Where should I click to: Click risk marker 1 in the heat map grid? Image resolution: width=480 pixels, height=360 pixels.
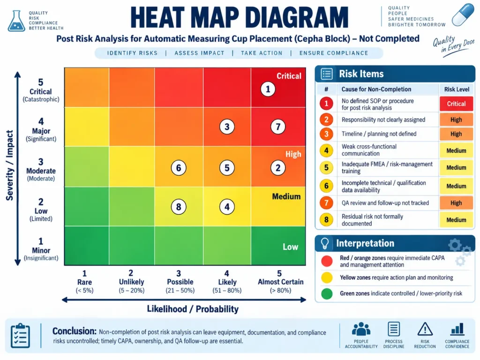point(268,90)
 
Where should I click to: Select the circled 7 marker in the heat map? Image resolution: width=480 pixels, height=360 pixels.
point(278,127)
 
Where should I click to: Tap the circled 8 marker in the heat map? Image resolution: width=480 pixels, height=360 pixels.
point(179,207)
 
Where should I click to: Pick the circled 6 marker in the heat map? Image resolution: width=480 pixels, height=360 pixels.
point(179,168)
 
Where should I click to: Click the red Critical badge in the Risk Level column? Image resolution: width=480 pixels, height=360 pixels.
point(456,104)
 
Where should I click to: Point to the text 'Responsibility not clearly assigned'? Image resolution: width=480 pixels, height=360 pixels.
point(383,120)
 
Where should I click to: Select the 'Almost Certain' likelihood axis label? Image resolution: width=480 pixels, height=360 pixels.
point(280,282)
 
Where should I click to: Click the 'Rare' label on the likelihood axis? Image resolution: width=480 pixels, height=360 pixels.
point(84,282)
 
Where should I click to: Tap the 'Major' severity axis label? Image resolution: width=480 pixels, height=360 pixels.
point(41,131)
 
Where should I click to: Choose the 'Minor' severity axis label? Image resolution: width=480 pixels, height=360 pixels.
point(41,250)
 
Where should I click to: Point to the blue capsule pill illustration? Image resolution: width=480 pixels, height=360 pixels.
point(463,15)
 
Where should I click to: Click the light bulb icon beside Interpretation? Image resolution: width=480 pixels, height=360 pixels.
point(325,243)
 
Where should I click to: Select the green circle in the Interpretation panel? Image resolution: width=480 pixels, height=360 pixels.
point(327,293)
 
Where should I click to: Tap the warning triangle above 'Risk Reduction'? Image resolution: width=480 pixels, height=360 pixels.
point(425,330)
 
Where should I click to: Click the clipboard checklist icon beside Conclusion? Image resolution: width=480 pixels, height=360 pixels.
point(20,336)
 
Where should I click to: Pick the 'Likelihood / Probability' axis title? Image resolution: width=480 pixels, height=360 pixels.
point(193,309)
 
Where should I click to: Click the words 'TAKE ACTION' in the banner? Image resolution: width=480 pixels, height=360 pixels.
point(262,53)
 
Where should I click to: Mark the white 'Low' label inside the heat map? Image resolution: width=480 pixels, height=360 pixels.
point(290,247)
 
